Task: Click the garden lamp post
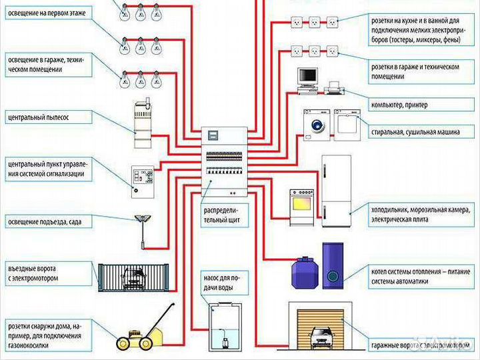[141, 230]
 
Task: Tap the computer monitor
[307, 77]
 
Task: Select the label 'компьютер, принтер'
[399, 105]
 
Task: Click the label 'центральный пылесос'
[39, 117]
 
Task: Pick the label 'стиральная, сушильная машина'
[415, 132]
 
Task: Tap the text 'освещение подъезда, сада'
[44, 221]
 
